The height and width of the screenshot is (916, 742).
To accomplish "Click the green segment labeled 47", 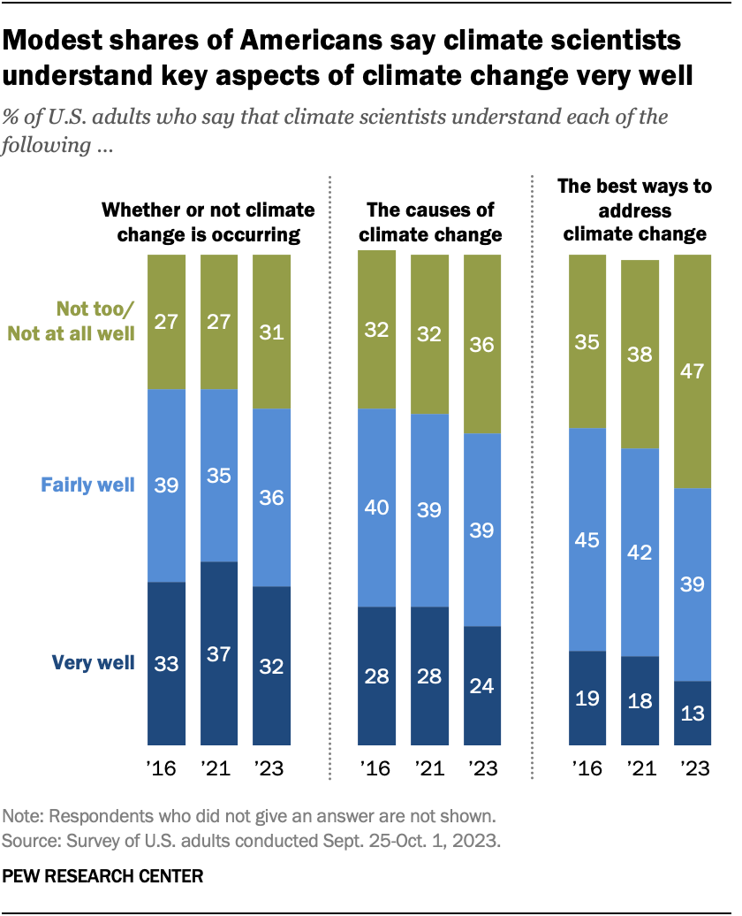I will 692,371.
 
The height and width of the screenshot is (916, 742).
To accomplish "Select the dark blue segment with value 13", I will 692,713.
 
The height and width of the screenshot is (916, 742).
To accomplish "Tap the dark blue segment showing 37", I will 219,653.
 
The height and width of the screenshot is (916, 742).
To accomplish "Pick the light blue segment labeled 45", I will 587,539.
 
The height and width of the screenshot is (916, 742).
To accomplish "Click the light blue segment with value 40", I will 376,508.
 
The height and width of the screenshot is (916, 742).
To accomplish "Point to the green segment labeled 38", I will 640,355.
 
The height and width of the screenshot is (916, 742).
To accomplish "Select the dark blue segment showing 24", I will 481,685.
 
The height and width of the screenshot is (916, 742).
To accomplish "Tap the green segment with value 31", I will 272,332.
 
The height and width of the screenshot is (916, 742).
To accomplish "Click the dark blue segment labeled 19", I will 587,698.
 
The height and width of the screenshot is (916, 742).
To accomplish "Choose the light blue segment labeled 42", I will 640,553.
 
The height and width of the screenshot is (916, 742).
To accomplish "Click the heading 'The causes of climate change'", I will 429,222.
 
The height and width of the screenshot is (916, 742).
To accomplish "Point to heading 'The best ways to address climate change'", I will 634,211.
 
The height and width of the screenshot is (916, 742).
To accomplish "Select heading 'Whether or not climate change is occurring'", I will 208,222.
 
